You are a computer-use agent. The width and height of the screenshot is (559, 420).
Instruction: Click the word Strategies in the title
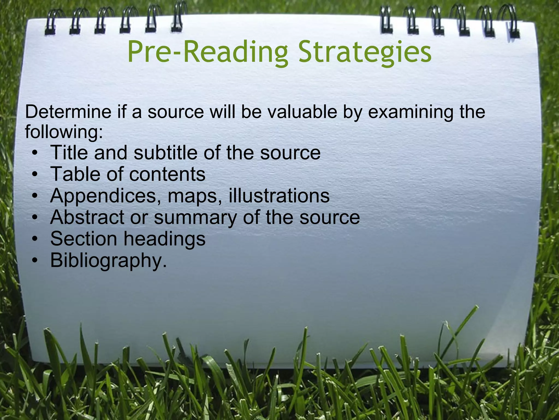(x=365, y=52)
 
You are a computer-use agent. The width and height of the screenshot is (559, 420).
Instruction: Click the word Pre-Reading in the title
(x=207, y=52)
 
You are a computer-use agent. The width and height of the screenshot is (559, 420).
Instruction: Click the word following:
(x=64, y=132)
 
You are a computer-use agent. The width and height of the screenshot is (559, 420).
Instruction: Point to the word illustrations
(x=279, y=196)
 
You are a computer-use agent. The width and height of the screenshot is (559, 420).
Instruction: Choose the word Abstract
(x=87, y=217)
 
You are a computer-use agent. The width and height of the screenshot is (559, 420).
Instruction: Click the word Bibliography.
(x=108, y=261)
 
